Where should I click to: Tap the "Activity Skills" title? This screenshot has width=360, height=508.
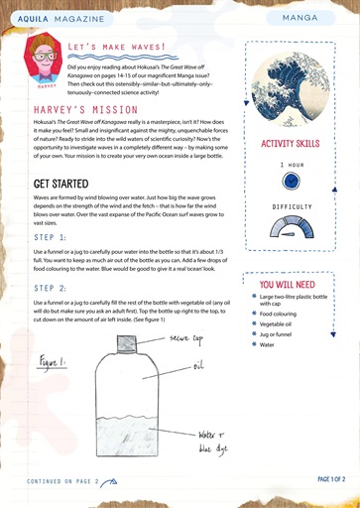[x=291, y=145]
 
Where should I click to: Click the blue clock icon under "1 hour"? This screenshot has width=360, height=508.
[x=291, y=182]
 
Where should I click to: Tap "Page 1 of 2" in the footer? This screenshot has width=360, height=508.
[x=331, y=478]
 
